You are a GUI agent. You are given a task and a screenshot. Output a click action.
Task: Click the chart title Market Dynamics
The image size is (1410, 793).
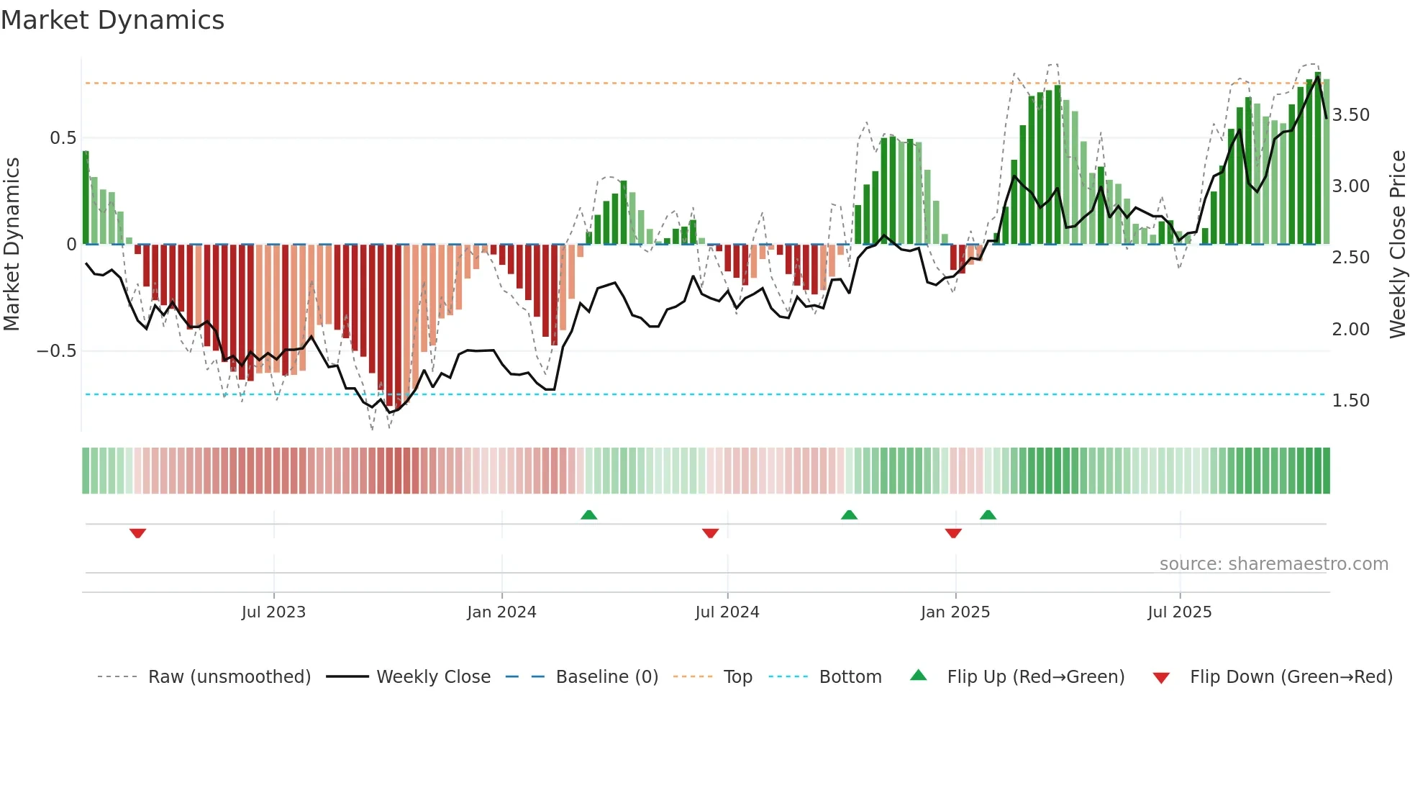(x=112, y=20)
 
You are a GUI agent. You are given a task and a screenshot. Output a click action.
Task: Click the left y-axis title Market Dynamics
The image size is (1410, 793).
(x=12, y=244)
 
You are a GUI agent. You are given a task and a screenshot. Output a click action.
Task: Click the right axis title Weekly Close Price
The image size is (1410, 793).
(x=1397, y=244)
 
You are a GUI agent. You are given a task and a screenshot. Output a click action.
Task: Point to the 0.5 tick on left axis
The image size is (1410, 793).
(x=63, y=137)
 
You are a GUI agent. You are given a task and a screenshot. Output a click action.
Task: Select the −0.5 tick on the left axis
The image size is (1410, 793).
(x=57, y=351)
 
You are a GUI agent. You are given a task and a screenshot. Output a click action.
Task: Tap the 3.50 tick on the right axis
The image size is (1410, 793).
(x=1350, y=115)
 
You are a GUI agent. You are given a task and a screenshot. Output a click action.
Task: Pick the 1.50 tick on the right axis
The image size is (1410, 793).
(x=1350, y=401)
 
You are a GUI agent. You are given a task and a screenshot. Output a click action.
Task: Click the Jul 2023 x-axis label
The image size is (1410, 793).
(x=273, y=612)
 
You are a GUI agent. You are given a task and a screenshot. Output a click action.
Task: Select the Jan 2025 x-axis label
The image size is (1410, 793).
(x=955, y=612)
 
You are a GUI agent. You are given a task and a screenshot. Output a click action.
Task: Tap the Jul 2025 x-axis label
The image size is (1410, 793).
(x=1179, y=612)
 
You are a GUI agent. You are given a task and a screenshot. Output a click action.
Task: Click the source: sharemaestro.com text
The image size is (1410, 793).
(x=1273, y=564)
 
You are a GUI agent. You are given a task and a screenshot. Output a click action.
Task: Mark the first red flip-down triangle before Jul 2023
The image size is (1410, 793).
(x=138, y=533)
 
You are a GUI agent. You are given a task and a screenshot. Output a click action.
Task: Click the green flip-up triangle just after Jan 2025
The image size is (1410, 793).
(x=988, y=515)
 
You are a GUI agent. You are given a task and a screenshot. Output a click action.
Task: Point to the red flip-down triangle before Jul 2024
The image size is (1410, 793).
(x=710, y=533)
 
